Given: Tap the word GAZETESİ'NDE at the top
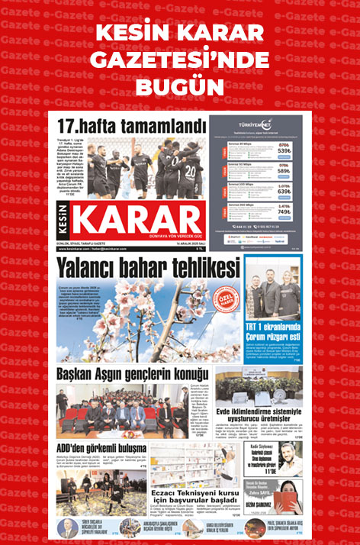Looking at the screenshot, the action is point(180,59).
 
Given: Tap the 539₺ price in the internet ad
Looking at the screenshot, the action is point(284,151).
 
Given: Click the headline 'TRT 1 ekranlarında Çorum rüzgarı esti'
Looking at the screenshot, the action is point(273,333).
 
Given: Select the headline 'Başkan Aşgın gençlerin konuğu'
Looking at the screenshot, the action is point(131,373).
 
